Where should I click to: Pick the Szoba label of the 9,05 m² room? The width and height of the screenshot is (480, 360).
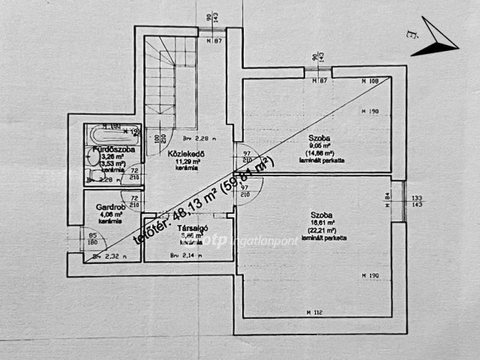[x=319, y=137]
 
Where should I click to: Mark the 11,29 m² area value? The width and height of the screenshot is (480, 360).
[x=187, y=161]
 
